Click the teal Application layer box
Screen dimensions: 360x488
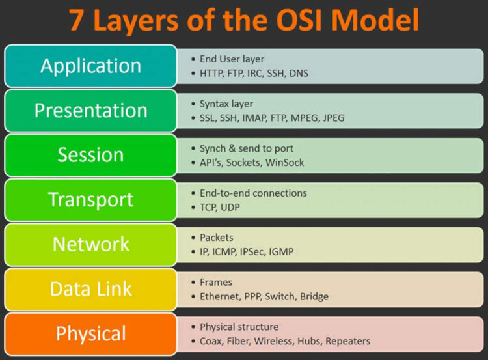tap(90, 66)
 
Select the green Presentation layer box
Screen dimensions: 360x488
tap(90, 111)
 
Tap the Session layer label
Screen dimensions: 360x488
tap(90, 155)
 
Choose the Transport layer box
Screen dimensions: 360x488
tap(90, 200)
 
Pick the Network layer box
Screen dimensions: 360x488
tap(90, 244)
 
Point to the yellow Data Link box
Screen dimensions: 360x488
tap(90, 289)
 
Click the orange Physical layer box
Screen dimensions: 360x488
tap(90, 334)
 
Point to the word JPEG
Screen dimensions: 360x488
tap(332, 118)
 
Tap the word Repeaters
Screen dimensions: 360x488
tap(348, 341)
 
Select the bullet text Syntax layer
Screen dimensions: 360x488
tap(226, 104)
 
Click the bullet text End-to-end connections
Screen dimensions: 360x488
tap(253, 193)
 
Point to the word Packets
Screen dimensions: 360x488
tap(217, 238)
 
